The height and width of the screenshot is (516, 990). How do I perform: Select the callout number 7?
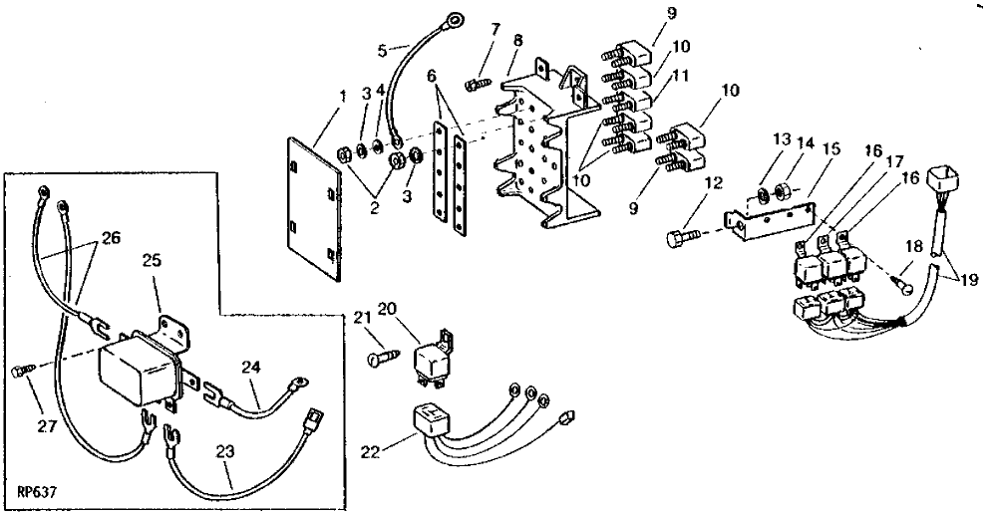[x=495, y=30]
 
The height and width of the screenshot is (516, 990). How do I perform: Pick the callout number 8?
[x=517, y=41]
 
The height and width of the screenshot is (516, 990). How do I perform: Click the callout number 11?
[x=680, y=76]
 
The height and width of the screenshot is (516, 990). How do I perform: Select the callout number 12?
[x=713, y=183]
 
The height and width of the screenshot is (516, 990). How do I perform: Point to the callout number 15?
[x=832, y=149]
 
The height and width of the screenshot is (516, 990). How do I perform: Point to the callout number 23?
[x=225, y=451]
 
